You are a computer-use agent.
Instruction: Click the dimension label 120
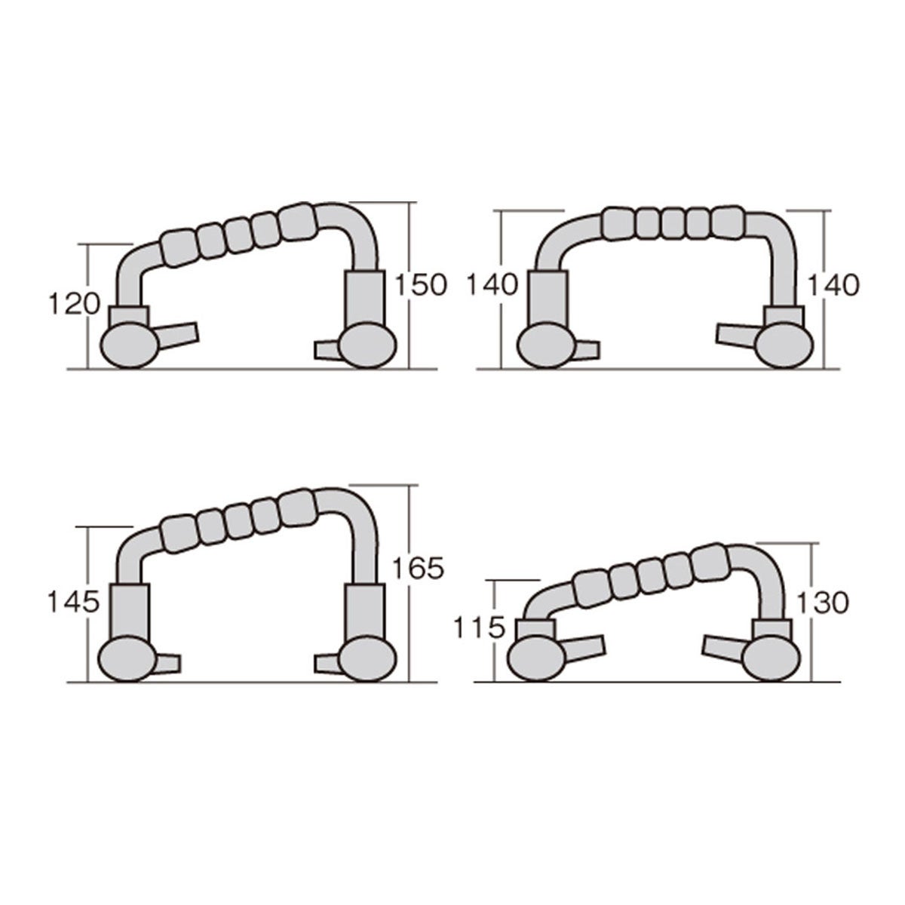click(x=75, y=304)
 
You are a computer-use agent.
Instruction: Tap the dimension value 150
click(x=420, y=285)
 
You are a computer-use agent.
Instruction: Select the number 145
click(x=74, y=602)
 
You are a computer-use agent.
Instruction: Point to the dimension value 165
click(x=418, y=569)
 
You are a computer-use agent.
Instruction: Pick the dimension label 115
click(x=480, y=628)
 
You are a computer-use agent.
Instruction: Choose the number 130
click(x=824, y=603)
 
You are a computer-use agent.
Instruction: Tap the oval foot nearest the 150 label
click(x=367, y=347)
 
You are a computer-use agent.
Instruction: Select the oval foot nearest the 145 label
click(x=128, y=659)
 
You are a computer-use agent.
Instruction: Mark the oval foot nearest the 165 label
click(x=367, y=659)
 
